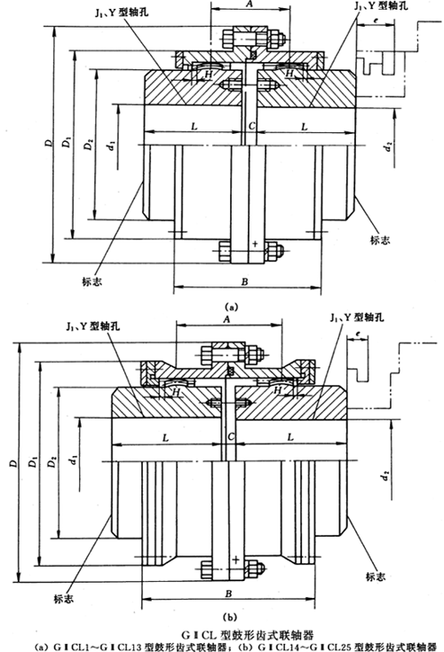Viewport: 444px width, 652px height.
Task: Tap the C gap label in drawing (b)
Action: click(x=230, y=438)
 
